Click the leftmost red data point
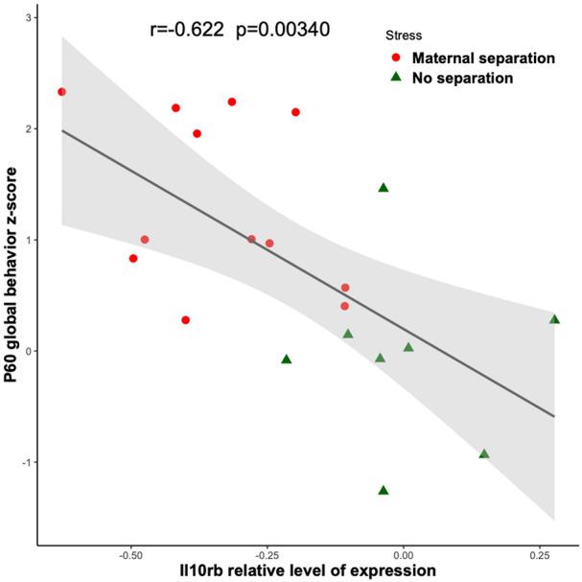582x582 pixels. (x=61, y=92)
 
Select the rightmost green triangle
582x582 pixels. (x=554, y=319)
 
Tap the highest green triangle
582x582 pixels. (x=384, y=188)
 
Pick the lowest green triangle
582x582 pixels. (x=384, y=490)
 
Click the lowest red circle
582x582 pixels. (x=186, y=320)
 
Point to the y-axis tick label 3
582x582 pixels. (x=29, y=18)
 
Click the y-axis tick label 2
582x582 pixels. (x=29, y=128)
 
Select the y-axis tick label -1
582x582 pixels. (x=26, y=462)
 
